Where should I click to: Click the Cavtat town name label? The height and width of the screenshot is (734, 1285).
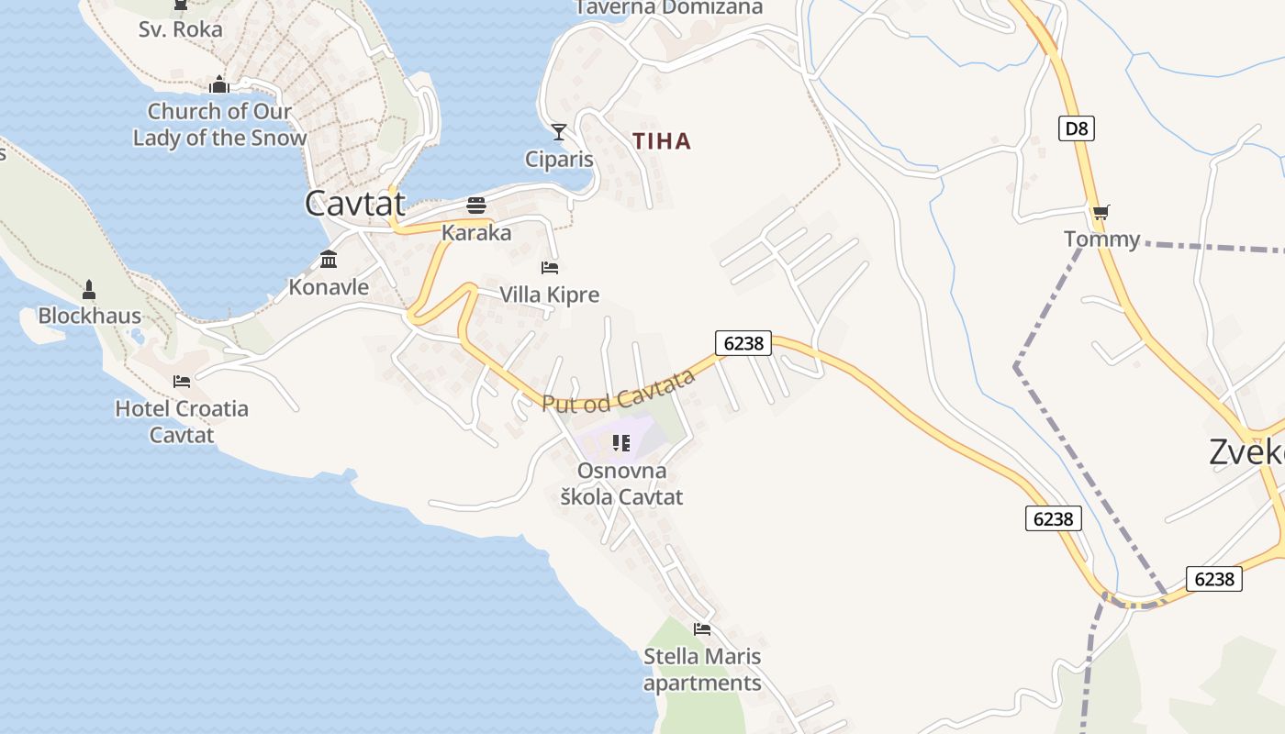point(354,203)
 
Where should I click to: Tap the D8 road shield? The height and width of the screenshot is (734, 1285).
point(1077,128)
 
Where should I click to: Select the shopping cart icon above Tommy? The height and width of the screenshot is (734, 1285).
point(1101,212)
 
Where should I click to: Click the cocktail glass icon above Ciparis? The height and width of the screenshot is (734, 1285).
point(558,132)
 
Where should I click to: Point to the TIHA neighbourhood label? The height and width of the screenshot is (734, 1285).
point(662,141)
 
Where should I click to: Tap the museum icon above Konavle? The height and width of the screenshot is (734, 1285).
point(329,260)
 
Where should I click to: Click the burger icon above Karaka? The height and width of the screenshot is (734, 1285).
point(475,205)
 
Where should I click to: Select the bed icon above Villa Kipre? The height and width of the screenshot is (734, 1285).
point(550,268)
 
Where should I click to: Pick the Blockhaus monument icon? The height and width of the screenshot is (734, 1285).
point(89,290)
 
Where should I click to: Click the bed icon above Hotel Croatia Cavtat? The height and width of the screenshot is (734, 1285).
point(182,382)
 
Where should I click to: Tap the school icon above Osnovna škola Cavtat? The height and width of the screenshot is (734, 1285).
point(621,444)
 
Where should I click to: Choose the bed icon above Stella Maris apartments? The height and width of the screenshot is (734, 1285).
point(702,629)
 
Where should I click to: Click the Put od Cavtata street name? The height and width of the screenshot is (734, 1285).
point(619,391)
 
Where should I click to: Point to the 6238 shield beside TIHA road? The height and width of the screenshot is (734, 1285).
point(743,343)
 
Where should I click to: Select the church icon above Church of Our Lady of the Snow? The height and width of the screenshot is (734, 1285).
point(218,85)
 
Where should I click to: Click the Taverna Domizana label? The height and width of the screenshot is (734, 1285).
point(668,7)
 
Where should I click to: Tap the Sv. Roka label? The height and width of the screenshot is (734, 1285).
point(180,29)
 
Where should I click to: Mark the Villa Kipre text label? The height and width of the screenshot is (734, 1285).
point(549,295)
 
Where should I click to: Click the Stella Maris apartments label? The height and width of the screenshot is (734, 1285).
point(702,670)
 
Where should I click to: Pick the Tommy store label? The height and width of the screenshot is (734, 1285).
point(1101,239)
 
